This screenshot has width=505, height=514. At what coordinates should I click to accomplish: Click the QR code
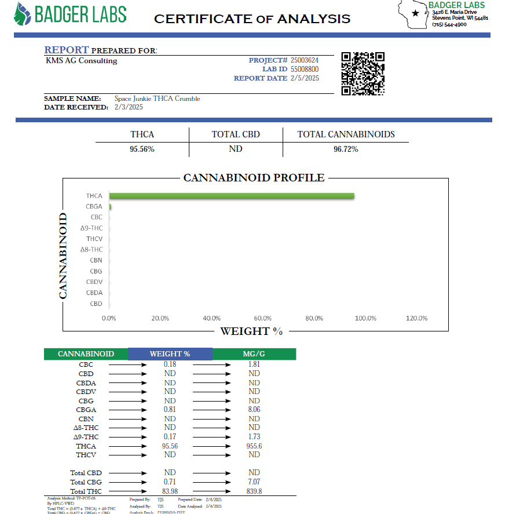(x=363, y=74)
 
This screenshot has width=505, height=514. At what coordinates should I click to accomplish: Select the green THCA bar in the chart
(x=232, y=196)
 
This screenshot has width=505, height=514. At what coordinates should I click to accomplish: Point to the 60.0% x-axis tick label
(x=263, y=318)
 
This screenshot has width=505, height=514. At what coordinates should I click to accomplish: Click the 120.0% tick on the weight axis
(x=416, y=318)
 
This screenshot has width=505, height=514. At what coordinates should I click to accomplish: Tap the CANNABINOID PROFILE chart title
(x=254, y=178)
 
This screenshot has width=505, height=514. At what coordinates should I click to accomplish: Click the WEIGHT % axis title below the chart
(x=251, y=331)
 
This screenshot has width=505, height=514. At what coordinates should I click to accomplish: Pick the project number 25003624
(x=305, y=60)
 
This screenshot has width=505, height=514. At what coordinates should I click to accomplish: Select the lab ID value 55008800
(x=305, y=69)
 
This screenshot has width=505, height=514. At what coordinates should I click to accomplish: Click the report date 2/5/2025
(x=305, y=78)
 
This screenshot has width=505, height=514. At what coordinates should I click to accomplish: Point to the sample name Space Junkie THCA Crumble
(x=157, y=99)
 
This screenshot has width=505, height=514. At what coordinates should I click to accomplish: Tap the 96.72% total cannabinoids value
(x=346, y=149)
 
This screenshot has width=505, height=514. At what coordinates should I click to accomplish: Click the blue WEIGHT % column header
(x=170, y=354)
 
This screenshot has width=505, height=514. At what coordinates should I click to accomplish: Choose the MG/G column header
(x=254, y=354)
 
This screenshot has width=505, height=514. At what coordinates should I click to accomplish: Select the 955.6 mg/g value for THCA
(x=254, y=446)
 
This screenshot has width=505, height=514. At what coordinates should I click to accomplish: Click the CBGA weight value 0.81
(x=170, y=410)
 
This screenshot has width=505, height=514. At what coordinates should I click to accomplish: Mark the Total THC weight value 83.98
(x=170, y=491)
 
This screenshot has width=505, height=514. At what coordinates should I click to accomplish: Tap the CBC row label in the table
(x=86, y=364)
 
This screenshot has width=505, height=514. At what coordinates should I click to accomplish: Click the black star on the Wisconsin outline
(x=415, y=13)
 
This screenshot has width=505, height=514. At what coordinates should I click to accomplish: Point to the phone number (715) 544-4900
(x=449, y=24)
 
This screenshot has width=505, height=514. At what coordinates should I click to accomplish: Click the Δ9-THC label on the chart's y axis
(x=92, y=228)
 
